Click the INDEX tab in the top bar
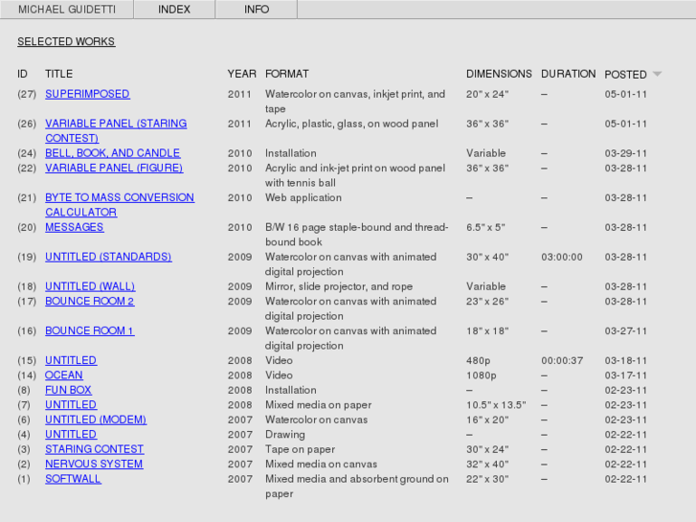174,10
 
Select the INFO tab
257,10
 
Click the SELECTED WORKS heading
66,42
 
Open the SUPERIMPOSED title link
87,94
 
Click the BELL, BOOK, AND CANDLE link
112,153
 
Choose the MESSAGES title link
74,227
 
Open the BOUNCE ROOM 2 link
89,301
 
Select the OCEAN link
64,375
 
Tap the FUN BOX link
68,390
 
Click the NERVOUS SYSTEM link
94,464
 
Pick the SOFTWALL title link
73,479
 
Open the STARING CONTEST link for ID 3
94,449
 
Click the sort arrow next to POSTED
657,74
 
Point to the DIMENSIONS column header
499,74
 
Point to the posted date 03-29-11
626,153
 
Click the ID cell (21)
27,197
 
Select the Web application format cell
303,197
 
